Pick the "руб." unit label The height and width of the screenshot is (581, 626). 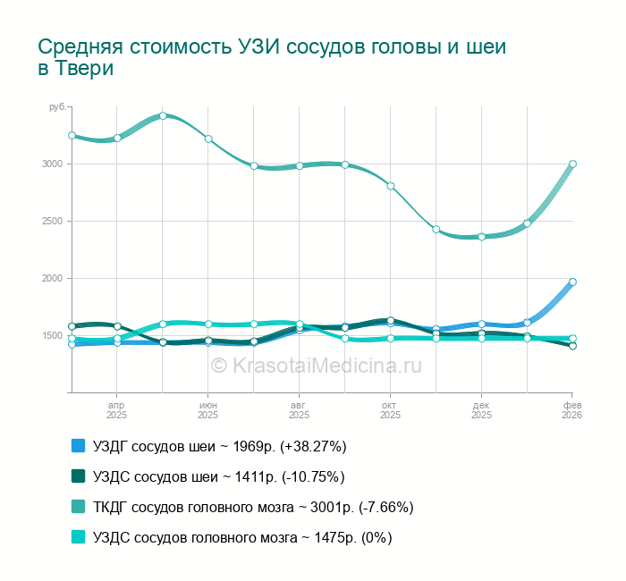(57, 107)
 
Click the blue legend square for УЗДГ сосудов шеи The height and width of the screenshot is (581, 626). (78, 446)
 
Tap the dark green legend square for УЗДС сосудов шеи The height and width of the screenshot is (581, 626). (78, 476)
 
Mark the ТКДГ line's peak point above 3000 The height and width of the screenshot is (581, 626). (163, 115)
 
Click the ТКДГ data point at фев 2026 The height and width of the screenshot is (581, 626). (572, 164)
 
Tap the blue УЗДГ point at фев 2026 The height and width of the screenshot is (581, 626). (572, 282)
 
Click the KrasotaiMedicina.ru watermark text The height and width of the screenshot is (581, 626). (315, 365)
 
